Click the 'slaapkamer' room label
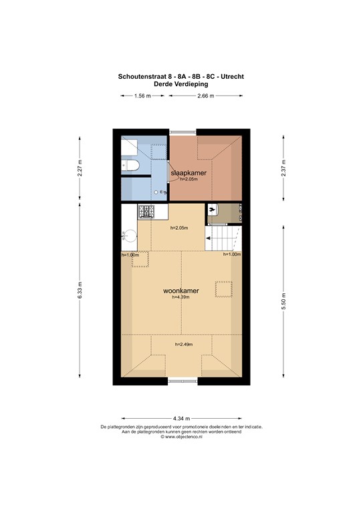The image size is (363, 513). point(188,173)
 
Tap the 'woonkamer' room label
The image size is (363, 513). point(181,292)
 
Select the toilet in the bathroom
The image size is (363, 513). point(129,166)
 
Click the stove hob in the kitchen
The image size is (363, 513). point(146,212)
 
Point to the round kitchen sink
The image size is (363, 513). point(130,235)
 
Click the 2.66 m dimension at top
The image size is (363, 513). point(205,96)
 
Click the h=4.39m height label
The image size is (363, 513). point(181,298)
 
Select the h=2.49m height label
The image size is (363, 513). point(183,345)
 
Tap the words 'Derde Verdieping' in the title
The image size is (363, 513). point(181,85)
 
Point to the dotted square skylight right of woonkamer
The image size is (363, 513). point(223,289)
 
